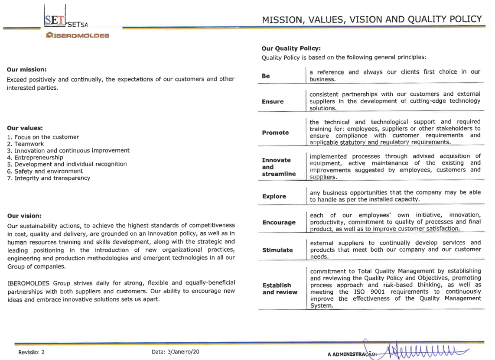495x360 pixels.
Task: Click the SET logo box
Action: (x=55, y=19)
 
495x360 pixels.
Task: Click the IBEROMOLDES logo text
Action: (x=78, y=35)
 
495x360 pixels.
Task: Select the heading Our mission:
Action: (x=27, y=69)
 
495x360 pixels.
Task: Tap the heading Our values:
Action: (x=25, y=128)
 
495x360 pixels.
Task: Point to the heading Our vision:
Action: (x=24, y=216)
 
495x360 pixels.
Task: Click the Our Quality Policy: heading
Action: (x=291, y=49)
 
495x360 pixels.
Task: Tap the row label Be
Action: (x=266, y=76)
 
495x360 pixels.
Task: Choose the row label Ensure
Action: (x=273, y=102)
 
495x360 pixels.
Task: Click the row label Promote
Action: (x=275, y=133)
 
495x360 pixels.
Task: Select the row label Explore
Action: (x=274, y=196)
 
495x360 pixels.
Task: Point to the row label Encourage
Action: (x=279, y=222)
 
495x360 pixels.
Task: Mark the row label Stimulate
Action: (x=277, y=250)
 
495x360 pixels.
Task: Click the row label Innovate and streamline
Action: (x=279, y=167)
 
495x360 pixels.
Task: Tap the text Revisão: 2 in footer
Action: (x=31, y=352)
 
